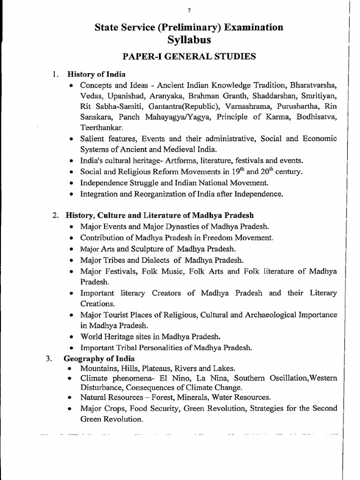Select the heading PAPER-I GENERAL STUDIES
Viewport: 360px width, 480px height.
pyautogui.click(x=189, y=57)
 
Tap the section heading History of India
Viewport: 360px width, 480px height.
pyautogui.click(x=96, y=74)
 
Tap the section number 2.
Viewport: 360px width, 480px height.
pyautogui.click(x=55, y=216)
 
